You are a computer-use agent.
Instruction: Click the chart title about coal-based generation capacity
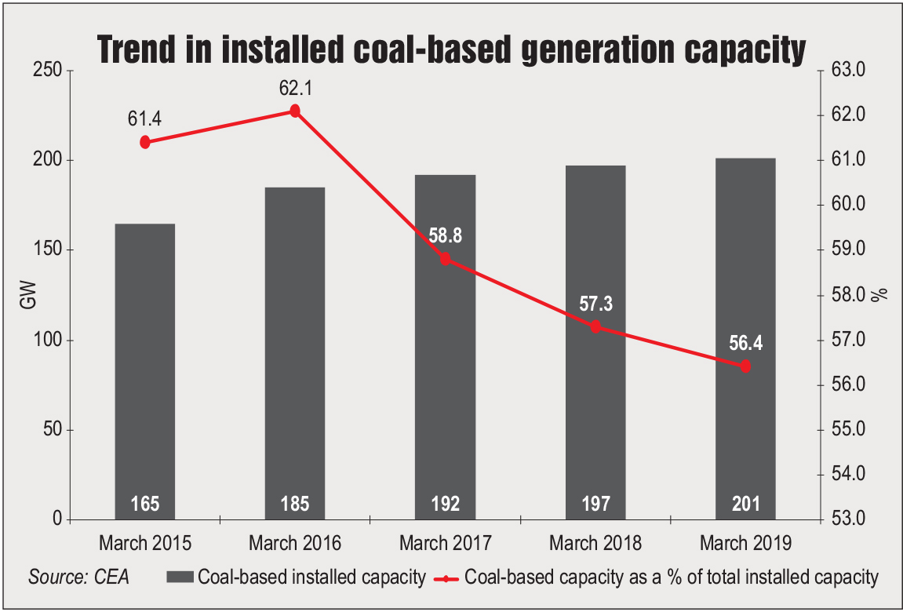[x=451, y=49]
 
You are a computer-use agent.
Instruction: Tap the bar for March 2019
[x=745, y=337]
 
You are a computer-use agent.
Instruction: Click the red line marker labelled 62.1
[x=295, y=111]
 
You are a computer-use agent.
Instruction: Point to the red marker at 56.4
[x=745, y=366]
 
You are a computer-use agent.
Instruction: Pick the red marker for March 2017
[x=446, y=259]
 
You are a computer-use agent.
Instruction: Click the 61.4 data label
[x=144, y=118]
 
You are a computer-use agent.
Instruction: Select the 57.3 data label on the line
[x=595, y=304]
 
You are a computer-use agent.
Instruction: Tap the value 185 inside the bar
[x=295, y=504]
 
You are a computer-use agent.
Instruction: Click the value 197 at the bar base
[x=595, y=504]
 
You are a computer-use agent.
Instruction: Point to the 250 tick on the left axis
[x=49, y=71]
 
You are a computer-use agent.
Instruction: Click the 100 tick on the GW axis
[x=49, y=341]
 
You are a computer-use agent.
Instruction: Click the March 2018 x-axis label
[x=595, y=543]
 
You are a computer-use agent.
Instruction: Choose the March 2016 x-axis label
[x=295, y=543]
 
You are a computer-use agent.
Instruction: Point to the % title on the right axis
[x=883, y=294]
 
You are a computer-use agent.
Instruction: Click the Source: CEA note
[x=79, y=578]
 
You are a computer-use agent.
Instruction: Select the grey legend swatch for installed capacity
[x=180, y=578]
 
